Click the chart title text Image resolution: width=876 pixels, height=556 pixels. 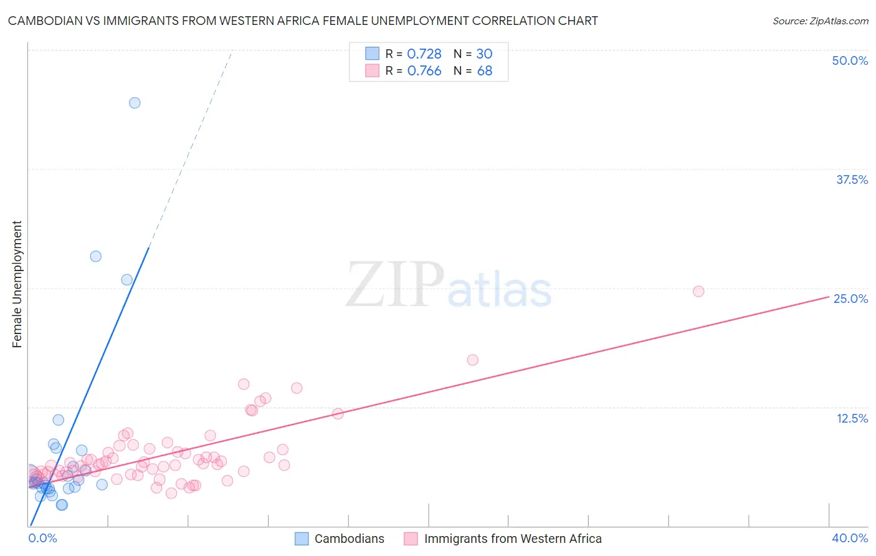(x=303, y=21)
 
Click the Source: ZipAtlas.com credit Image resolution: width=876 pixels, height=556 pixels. (x=820, y=21)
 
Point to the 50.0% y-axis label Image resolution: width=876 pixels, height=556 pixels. (x=850, y=60)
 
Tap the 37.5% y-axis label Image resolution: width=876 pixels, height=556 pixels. (x=852, y=180)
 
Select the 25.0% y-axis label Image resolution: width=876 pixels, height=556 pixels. (x=850, y=299)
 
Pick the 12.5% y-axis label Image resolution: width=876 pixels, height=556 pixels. (x=852, y=418)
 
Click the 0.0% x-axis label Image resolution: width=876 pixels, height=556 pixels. (x=43, y=538)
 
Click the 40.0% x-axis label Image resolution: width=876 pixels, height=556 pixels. (x=850, y=538)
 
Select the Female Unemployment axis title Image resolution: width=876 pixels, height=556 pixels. (x=17, y=284)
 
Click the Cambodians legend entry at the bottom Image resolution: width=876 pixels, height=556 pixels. (x=349, y=539)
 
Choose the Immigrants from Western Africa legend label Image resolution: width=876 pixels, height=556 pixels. (x=513, y=539)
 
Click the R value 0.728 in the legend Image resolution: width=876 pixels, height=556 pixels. (x=424, y=54)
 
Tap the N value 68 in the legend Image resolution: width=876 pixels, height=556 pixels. (x=485, y=71)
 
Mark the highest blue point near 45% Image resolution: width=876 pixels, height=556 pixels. (x=135, y=103)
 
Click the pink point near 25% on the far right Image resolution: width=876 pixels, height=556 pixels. (x=698, y=291)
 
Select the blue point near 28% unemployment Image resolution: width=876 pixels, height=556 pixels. (x=95, y=256)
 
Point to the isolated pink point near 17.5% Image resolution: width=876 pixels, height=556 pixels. (x=472, y=360)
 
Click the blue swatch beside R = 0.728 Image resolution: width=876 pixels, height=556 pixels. (x=372, y=54)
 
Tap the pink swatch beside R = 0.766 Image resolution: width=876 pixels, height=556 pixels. (x=372, y=71)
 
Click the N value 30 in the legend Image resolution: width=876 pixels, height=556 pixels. (x=484, y=54)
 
